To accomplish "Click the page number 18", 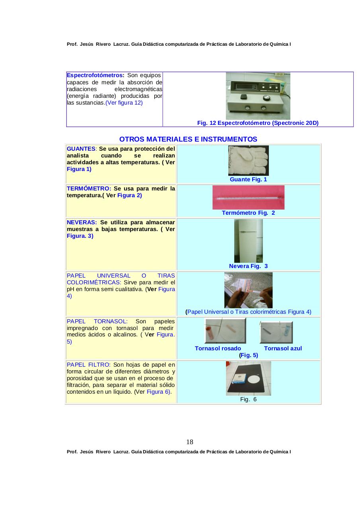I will (190, 442).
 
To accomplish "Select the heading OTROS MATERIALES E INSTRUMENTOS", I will (188, 139).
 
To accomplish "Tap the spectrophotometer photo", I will (258, 96).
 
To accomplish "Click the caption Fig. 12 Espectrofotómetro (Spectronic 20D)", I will (258, 123).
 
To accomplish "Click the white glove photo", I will (248, 160).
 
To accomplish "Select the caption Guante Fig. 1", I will (248, 179).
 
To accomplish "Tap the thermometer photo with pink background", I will (248, 197).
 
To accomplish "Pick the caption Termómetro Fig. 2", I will (248, 213).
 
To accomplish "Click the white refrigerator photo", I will (248, 241).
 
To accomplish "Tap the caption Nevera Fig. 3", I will (248, 266).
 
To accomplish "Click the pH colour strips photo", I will (248, 290).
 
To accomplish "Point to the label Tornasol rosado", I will (218, 348).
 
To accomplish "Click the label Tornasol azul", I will (283, 348).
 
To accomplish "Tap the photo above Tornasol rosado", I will (225, 331).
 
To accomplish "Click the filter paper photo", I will (248, 378).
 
